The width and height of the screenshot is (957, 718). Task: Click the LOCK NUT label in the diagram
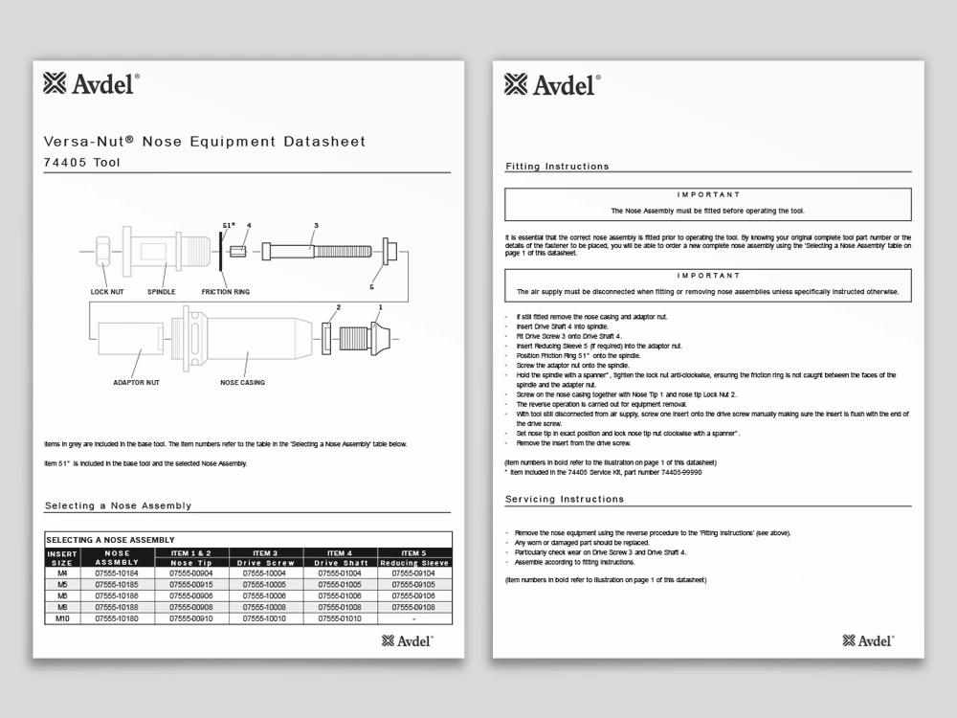106,291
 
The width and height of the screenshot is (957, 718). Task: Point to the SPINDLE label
161,291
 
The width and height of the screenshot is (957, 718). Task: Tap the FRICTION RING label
225,291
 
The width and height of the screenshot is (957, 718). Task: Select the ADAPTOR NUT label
135,383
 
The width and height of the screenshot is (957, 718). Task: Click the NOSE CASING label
242,383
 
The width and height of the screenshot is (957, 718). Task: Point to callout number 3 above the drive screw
315,227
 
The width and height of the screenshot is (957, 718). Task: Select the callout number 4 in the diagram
248,227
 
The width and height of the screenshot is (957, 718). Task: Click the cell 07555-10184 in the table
117,572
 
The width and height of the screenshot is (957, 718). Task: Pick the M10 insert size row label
62,618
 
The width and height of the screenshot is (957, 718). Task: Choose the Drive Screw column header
266,563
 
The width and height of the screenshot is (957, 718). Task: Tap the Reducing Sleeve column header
414,563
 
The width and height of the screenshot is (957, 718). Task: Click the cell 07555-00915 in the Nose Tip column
190,584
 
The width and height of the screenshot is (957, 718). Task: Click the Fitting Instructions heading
557,167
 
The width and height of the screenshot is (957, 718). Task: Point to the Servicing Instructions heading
564,499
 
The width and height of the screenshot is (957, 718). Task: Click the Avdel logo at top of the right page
552,84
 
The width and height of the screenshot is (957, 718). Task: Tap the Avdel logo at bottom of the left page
408,640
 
